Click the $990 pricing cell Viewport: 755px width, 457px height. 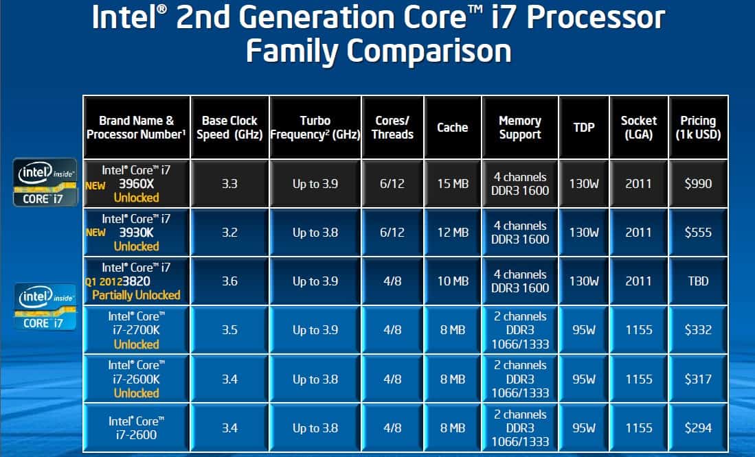click(698, 183)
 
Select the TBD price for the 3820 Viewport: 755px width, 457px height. click(698, 281)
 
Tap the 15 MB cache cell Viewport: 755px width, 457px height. click(453, 183)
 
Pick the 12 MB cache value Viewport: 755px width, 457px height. click(453, 233)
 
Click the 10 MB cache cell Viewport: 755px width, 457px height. click(453, 281)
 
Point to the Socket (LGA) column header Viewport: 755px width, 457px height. click(639, 128)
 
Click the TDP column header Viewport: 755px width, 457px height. click(584, 128)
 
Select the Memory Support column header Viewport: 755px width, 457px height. click(520, 128)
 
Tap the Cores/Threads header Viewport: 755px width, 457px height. click(392, 128)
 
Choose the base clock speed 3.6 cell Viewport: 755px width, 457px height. click(229, 281)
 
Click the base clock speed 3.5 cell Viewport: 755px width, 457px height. click(229, 330)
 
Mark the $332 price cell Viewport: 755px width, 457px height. click(698, 330)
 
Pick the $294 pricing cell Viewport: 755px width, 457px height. click(698, 428)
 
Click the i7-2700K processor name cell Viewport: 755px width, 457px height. click(136, 330)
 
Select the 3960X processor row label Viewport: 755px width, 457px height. click(136, 183)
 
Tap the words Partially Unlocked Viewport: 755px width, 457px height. click(136, 295)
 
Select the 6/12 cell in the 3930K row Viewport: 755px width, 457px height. click(392, 233)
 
